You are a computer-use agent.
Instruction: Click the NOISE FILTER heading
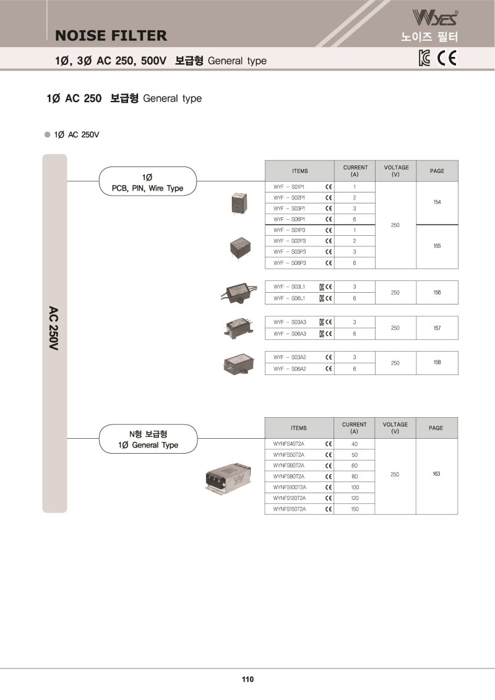click(111, 35)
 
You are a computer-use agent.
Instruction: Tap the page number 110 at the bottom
click(247, 679)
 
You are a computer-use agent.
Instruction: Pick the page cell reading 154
click(437, 202)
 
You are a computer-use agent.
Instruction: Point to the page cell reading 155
click(437, 246)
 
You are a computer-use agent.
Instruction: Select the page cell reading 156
click(437, 292)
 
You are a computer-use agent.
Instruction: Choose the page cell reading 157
click(437, 328)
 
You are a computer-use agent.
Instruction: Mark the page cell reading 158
click(437, 362)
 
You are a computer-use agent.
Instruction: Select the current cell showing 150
click(355, 509)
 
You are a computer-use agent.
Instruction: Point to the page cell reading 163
click(436, 474)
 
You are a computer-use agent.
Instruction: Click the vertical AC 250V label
click(54, 329)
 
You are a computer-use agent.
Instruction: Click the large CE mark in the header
click(447, 59)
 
